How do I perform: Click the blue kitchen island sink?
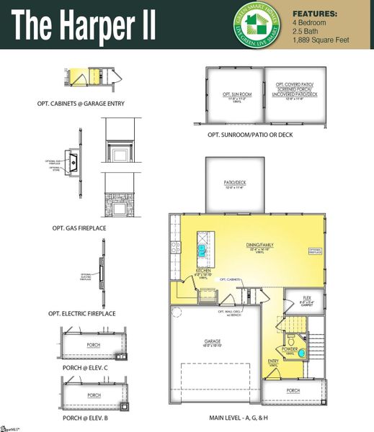coord(202,249)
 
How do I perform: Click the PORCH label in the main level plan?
coord(293,391)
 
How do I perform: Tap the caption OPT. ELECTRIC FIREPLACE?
coord(81,314)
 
